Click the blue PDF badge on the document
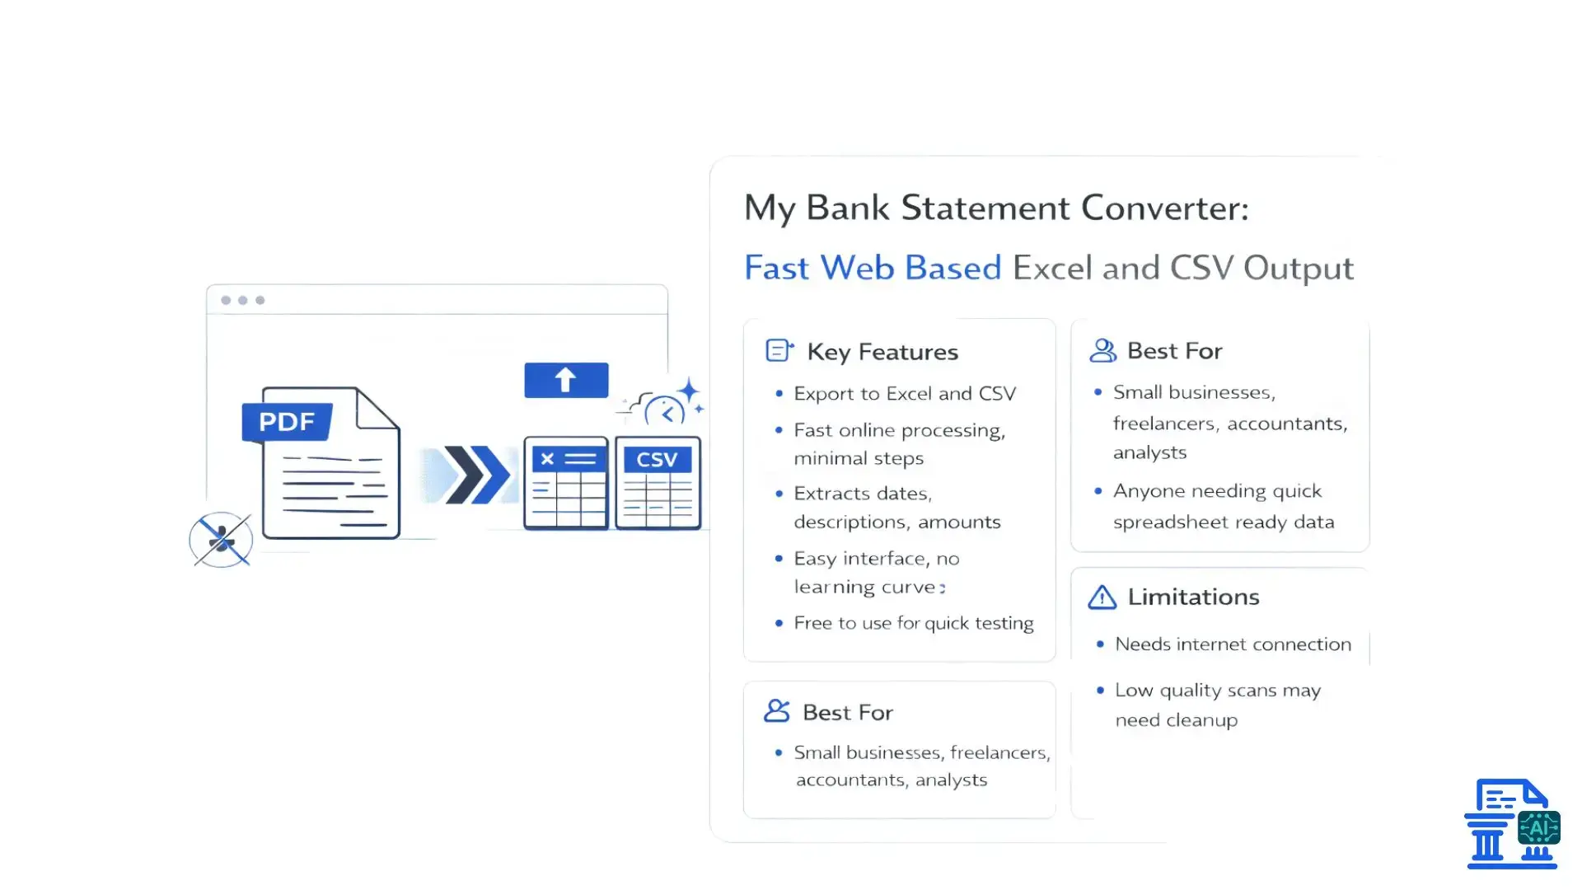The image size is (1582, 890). [287, 422]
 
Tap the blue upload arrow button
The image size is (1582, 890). [566, 380]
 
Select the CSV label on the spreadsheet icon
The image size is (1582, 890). [657, 459]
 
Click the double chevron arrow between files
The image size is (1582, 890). [476, 475]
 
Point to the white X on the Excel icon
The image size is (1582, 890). [547, 459]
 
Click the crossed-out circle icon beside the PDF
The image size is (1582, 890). [221, 541]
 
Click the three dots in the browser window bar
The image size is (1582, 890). [242, 300]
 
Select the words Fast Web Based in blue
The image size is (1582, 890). [873, 268]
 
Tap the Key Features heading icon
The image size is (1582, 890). [779, 351]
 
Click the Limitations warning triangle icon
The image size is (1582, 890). [1102, 597]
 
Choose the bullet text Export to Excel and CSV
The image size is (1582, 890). [905, 394]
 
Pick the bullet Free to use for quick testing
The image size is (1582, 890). [913, 623]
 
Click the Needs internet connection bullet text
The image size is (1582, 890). [1233, 644]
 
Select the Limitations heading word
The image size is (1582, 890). [1193, 597]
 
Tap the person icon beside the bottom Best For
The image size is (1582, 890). [776, 711]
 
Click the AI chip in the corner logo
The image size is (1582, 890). [1538, 828]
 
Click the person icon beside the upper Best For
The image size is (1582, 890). [1102, 351]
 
